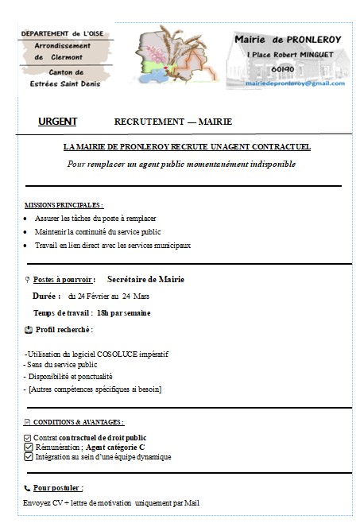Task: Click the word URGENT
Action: (57, 122)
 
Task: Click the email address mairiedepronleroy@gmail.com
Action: (295, 83)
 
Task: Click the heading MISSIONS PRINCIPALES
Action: (64, 204)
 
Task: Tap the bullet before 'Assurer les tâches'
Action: (27, 218)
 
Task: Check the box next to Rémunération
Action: (28, 448)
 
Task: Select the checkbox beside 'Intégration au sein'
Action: (28, 457)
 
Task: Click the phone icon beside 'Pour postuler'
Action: (27, 487)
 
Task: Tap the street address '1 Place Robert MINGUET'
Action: (287, 53)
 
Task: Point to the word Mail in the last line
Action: (192, 502)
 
